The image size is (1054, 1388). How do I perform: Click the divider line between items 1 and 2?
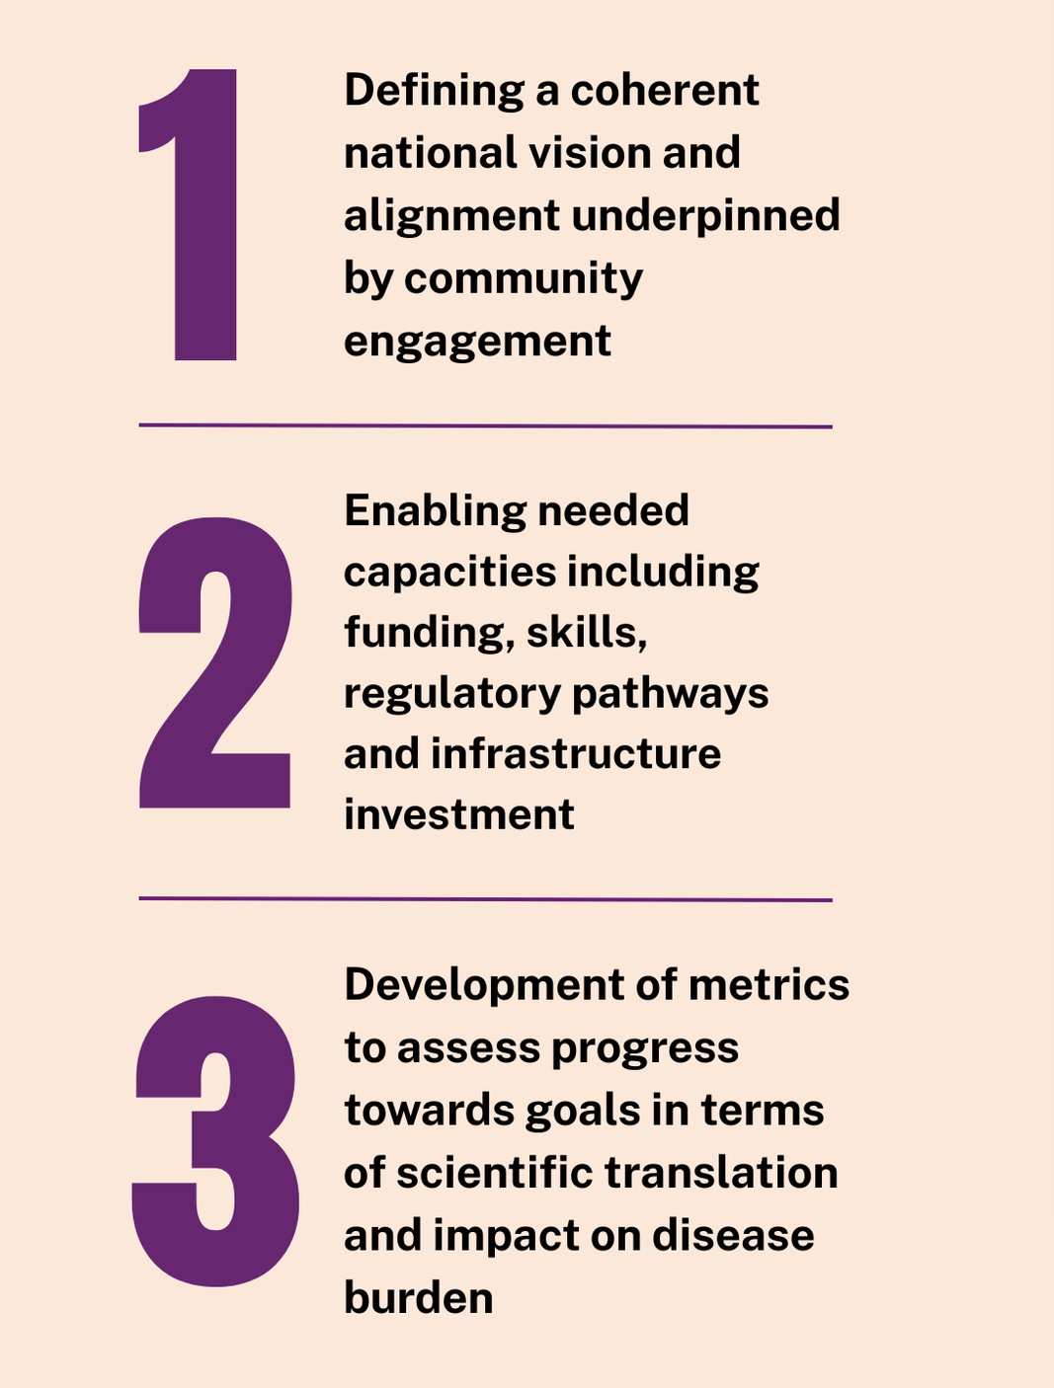(x=485, y=426)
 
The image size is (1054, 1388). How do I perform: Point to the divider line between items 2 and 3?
(x=485, y=899)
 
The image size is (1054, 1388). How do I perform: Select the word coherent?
(x=665, y=92)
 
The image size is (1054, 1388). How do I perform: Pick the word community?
(x=524, y=279)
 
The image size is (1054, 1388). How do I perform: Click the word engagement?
(x=477, y=343)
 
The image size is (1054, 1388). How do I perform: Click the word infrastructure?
(x=576, y=755)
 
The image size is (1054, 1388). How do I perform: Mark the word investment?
(x=459, y=815)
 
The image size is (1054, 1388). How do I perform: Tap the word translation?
(x=721, y=1174)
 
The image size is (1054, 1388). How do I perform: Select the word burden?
(x=418, y=1297)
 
